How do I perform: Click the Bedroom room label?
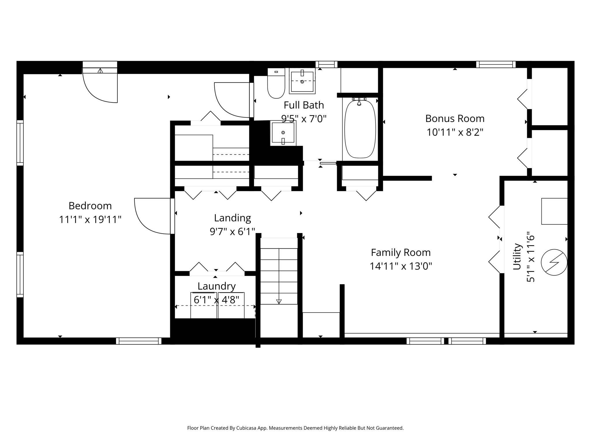tap(90, 206)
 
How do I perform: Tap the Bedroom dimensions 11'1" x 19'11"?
tap(90, 220)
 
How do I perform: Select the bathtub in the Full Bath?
tap(360, 129)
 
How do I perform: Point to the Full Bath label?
tap(304, 105)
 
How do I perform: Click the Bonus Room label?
tap(455, 119)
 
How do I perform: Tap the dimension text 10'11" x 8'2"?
tap(455, 132)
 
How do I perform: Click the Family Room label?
tap(401, 253)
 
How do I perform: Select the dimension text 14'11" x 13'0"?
tap(401, 266)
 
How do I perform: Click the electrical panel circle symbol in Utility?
tap(554, 262)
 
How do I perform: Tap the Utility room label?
tap(517, 257)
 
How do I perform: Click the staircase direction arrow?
tap(279, 301)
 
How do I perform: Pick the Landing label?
tap(232, 218)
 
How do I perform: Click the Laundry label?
tap(216, 286)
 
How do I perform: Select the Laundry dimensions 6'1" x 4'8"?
tap(216, 300)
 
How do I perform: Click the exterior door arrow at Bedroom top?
tap(100, 70)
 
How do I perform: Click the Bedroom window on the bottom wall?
tap(139, 341)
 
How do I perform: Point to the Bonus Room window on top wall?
tap(495, 64)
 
